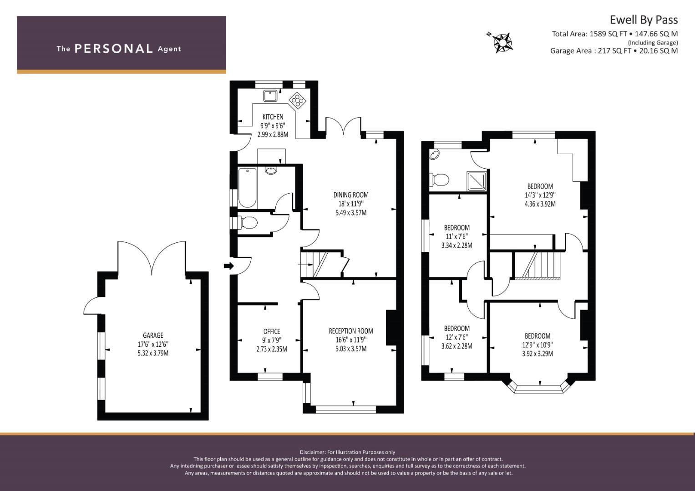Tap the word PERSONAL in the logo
point(114,49)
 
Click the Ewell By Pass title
point(644,20)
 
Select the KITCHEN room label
point(273,117)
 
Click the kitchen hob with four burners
point(298,100)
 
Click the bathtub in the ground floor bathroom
point(247,188)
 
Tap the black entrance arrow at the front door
point(228,266)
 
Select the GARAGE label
point(153,336)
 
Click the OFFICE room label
point(272,331)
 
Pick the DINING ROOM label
point(351,195)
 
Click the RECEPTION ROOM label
point(351,331)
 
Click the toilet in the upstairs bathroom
point(439,180)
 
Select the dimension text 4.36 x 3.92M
point(540,204)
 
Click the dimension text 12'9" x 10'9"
point(538,345)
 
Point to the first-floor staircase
point(538,266)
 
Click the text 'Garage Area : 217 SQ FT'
point(591,51)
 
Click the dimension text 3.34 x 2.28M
point(457,245)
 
